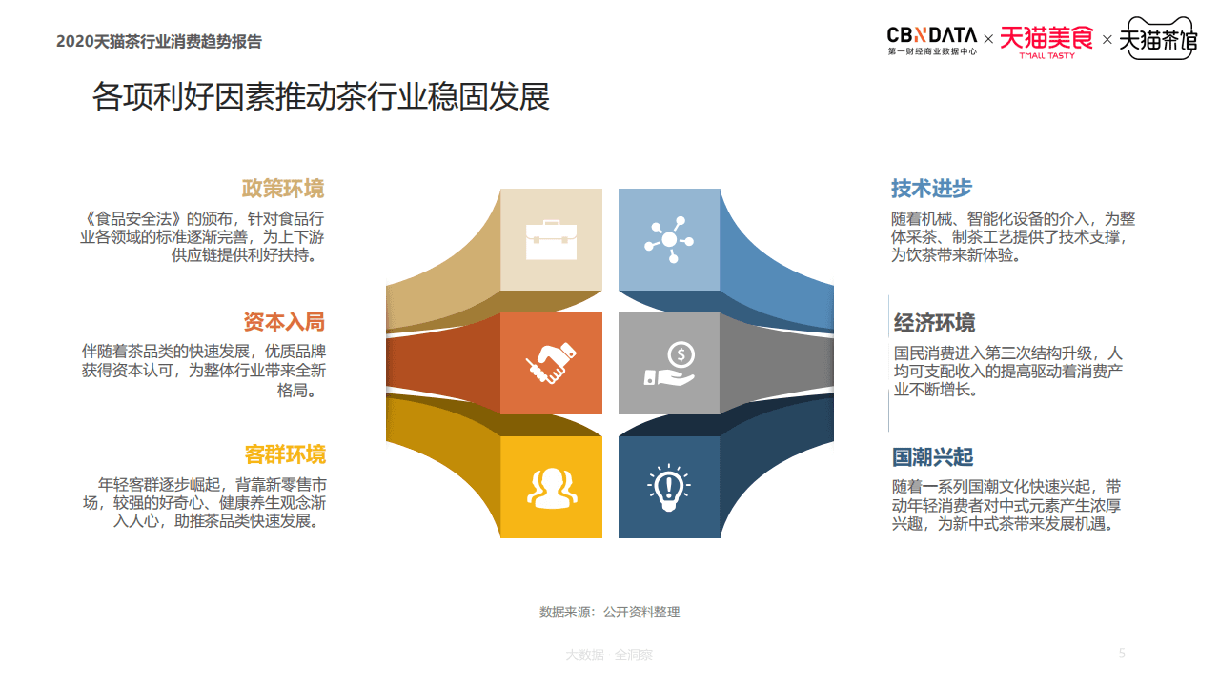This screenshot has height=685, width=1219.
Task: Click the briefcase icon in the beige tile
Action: (x=551, y=240)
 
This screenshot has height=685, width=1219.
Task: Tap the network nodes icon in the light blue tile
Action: (x=669, y=240)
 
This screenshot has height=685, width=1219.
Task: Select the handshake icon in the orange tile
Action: (x=551, y=364)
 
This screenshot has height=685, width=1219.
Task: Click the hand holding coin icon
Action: (x=669, y=364)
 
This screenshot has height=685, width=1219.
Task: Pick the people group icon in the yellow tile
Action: (x=551, y=487)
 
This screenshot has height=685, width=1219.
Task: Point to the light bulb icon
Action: (x=669, y=487)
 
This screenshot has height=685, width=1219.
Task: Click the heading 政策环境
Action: (x=283, y=189)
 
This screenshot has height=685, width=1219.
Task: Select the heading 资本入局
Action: (x=283, y=322)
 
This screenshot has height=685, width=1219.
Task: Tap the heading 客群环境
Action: (x=284, y=454)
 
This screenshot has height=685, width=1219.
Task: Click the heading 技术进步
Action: (x=931, y=189)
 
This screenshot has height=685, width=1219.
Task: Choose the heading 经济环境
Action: (x=934, y=323)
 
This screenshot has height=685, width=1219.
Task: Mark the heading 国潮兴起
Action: (x=932, y=457)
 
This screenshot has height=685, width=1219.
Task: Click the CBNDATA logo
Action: (x=931, y=40)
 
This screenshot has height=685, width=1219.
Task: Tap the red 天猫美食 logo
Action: (x=1046, y=41)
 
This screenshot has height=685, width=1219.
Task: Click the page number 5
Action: (x=1122, y=653)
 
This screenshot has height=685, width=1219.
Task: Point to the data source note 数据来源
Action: (x=609, y=612)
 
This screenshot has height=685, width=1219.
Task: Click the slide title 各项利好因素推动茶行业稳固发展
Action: (x=320, y=97)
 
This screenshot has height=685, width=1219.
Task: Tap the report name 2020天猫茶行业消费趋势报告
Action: (x=159, y=42)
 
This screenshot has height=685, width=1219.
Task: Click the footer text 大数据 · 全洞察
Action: (x=609, y=655)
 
